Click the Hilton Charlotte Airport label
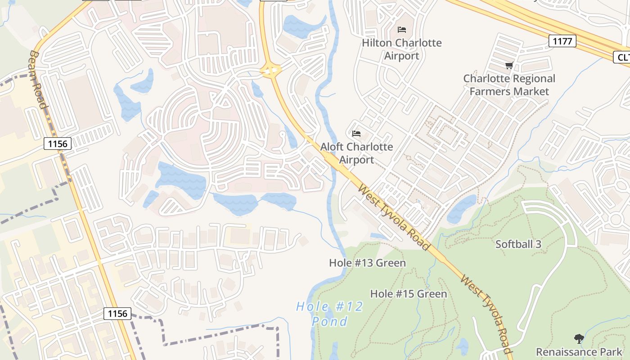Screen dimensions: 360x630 pos(402,49)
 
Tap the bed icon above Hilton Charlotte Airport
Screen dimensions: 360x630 pos(402,30)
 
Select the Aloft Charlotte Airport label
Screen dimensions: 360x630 pos(356,153)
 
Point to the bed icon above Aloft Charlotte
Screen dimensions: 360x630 pos(356,134)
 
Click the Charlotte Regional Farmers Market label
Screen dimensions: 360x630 pos(509,85)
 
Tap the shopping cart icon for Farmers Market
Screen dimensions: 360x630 pos(509,66)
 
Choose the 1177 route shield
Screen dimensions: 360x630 pos(562,41)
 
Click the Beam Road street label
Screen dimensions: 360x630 pos(38,79)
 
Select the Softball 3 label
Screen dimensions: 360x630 pos(518,244)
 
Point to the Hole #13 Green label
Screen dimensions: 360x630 pos(367,263)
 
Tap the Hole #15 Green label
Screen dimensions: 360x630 pos(408,294)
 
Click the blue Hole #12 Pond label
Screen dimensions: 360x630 pos(330,314)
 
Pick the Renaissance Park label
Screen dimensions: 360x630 pos(579,351)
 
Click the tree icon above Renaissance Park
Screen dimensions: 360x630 pos(579,338)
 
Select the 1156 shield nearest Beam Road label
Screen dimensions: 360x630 pos(58,144)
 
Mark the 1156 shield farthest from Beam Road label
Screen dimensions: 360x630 pos(117,313)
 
